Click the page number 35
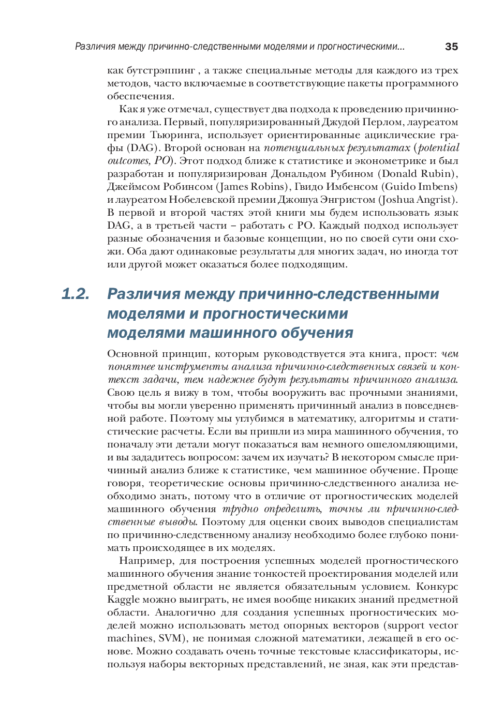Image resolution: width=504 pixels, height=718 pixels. [x=451, y=47]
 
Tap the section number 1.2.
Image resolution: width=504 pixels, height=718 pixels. [x=76, y=294]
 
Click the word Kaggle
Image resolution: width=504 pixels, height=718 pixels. [x=123, y=600]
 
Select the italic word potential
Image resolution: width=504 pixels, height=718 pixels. [x=438, y=148]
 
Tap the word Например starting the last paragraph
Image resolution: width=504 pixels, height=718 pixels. [x=145, y=561]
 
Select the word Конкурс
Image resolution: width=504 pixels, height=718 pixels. [x=437, y=587]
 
